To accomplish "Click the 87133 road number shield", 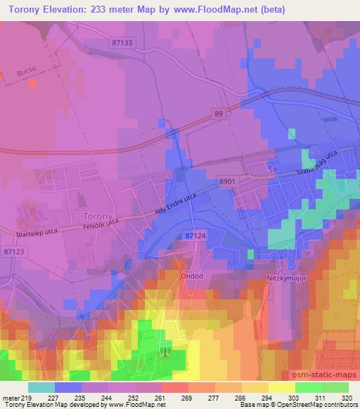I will (122, 43).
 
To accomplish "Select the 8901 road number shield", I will (247, 181).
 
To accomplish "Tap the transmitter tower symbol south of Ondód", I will (167, 351).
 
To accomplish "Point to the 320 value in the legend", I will (347, 397).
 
